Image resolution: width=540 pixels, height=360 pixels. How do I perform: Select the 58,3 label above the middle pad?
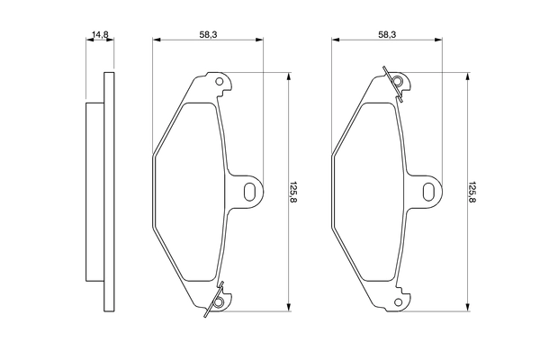click(207, 35)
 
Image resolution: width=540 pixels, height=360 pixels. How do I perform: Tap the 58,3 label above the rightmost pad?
click(387, 35)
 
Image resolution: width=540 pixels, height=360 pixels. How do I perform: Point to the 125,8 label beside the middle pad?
click(293, 192)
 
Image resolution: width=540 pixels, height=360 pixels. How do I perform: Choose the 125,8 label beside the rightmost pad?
click(473, 192)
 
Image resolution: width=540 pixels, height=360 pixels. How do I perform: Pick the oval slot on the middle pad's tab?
click(249, 191)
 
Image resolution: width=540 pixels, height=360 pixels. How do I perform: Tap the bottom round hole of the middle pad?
click(217, 302)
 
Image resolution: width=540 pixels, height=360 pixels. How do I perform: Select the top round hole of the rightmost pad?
click(398, 84)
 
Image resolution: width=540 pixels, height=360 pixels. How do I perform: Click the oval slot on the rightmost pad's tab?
click(429, 191)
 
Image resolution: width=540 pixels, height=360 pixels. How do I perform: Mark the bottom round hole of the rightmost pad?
click(397, 302)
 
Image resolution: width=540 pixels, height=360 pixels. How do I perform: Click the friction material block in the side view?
click(94, 192)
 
